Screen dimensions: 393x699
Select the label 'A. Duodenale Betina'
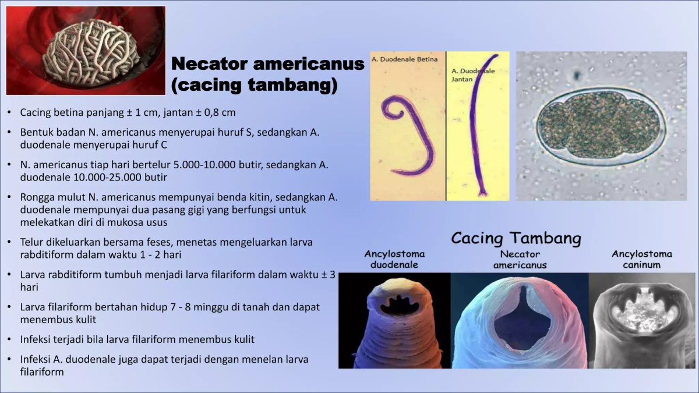(x=407, y=59)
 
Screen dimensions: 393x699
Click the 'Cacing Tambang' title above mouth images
(x=516, y=238)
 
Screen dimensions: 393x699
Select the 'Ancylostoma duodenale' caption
(x=394, y=259)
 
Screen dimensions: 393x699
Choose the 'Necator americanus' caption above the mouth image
(x=520, y=259)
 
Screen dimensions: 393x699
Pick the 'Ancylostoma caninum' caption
(x=641, y=259)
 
